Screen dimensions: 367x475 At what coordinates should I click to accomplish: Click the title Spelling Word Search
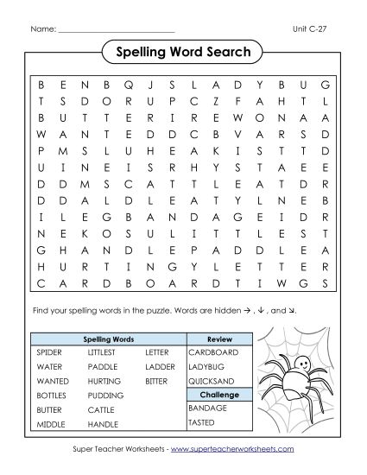[x=182, y=53]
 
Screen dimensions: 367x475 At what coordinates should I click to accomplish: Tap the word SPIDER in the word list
[x=49, y=352]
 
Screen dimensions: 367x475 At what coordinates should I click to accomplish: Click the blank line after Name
[x=116, y=29]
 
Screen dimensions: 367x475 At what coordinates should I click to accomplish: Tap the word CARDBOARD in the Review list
[x=211, y=352]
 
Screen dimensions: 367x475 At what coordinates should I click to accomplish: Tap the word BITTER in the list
[x=157, y=380]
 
